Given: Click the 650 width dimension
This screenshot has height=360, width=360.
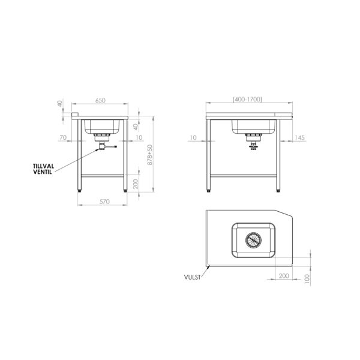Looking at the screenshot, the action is click(x=100, y=100).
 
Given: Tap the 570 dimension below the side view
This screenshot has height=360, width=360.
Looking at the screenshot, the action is click(x=104, y=202).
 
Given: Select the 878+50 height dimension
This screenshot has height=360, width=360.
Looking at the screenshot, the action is click(x=150, y=155).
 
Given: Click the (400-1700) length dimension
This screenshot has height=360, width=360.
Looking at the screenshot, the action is click(x=247, y=99).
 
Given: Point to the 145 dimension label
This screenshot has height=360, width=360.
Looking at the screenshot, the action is click(x=299, y=137).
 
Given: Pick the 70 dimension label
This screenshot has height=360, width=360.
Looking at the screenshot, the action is click(x=63, y=137).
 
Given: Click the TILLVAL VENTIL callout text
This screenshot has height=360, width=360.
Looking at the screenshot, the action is click(x=43, y=169).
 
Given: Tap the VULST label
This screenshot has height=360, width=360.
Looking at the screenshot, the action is click(x=192, y=277).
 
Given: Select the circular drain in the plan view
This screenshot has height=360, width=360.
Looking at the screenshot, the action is click(x=253, y=240).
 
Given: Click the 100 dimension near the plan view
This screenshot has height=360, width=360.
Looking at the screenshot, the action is click(x=307, y=279).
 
